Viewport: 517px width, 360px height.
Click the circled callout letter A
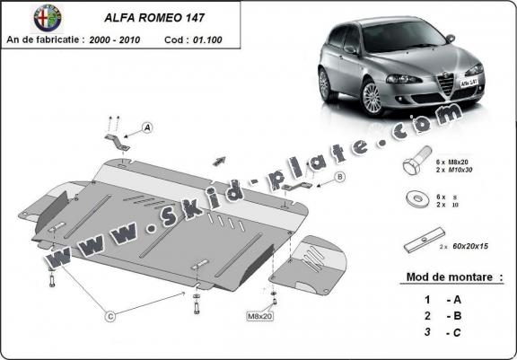tap(147, 128)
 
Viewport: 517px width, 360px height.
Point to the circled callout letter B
tap(340, 177)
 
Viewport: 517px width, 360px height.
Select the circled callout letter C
tap(110, 314)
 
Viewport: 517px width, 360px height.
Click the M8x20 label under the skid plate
tap(259, 315)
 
